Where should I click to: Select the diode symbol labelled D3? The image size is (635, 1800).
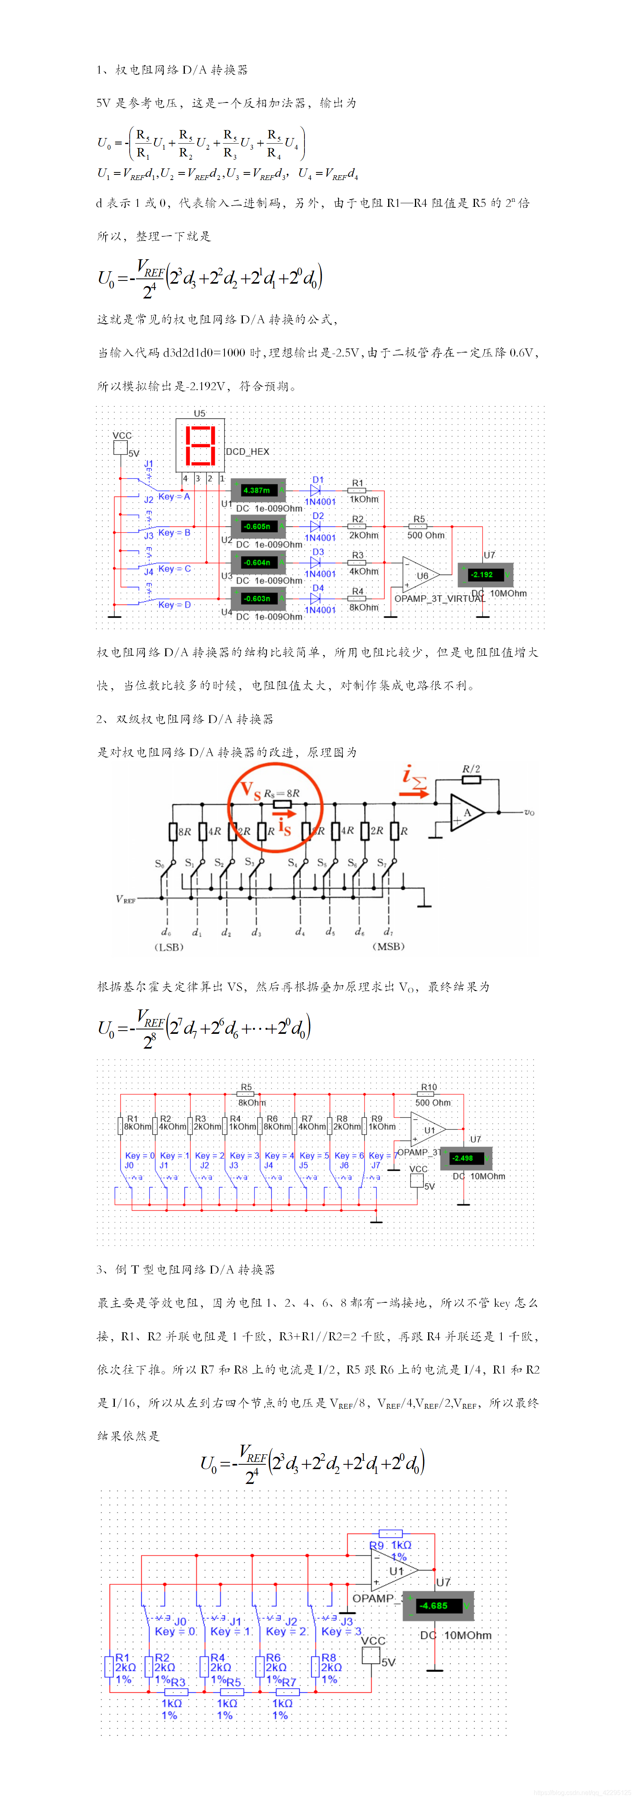click(x=315, y=562)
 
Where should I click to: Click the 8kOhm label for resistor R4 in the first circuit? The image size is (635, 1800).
click(x=364, y=607)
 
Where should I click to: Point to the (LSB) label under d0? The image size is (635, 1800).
click(x=169, y=947)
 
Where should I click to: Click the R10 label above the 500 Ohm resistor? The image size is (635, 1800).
click(x=429, y=1087)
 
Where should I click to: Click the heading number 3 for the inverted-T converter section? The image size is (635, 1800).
click(x=100, y=1269)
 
